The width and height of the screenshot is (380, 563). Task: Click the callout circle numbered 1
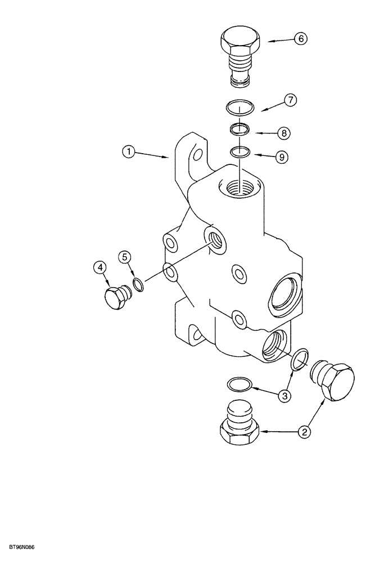coord(130,151)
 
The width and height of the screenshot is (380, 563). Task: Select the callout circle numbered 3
coord(285,396)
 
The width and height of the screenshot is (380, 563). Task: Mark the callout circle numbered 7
coord(289,101)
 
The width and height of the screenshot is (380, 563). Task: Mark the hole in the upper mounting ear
coord(197,155)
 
